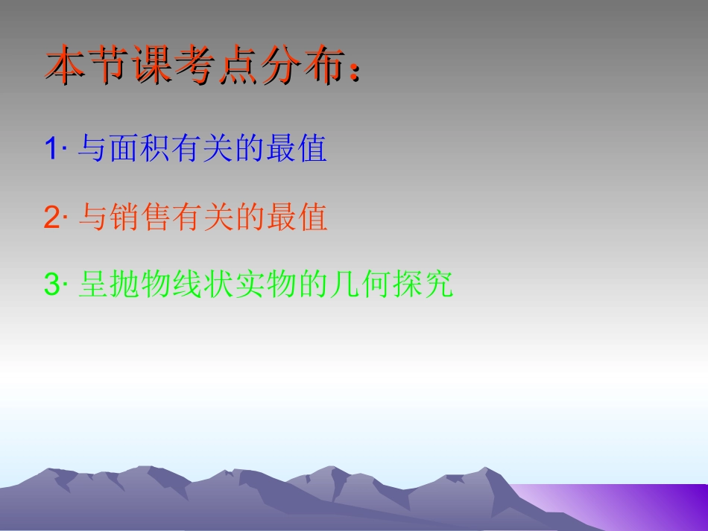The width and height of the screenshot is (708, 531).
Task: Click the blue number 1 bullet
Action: pos(51,150)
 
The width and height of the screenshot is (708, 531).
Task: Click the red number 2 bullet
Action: pos(51,218)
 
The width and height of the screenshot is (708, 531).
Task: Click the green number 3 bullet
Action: pos(51,285)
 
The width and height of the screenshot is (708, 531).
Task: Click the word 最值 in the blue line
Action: pos(302,150)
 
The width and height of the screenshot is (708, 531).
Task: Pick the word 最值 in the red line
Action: pos(302,218)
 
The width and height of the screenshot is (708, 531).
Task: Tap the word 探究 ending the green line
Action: pos(428,285)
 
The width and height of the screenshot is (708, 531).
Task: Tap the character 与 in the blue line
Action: pos(90,150)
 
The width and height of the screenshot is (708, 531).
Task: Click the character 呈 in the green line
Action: pos(90,285)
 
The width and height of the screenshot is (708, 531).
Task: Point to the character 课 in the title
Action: pos(152,68)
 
